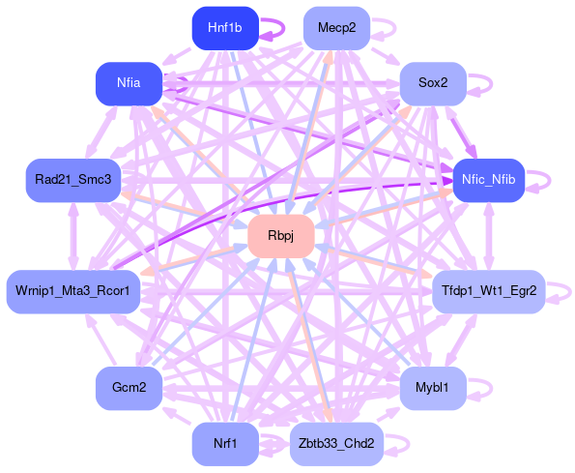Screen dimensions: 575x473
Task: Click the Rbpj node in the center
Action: click(x=281, y=236)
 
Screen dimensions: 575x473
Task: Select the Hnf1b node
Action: click(x=225, y=28)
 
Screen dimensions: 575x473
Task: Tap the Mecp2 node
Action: click(x=336, y=28)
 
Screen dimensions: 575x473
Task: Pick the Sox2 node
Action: click(x=433, y=83)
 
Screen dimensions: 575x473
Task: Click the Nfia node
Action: click(x=129, y=83)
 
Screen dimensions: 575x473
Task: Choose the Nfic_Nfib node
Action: click(x=489, y=180)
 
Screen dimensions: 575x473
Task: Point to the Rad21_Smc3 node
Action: click(x=73, y=180)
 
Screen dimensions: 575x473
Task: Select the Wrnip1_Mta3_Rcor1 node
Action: click(x=73, y=292)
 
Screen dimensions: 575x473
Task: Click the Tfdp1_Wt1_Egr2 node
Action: click(x=489, y=292)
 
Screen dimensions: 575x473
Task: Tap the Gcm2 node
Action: click(x=129, y=388)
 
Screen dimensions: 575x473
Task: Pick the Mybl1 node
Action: click(x=433, y=388)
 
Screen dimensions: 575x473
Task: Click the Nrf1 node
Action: click(x=225, y=444)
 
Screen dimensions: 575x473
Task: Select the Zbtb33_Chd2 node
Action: click(x=336, y=444)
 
